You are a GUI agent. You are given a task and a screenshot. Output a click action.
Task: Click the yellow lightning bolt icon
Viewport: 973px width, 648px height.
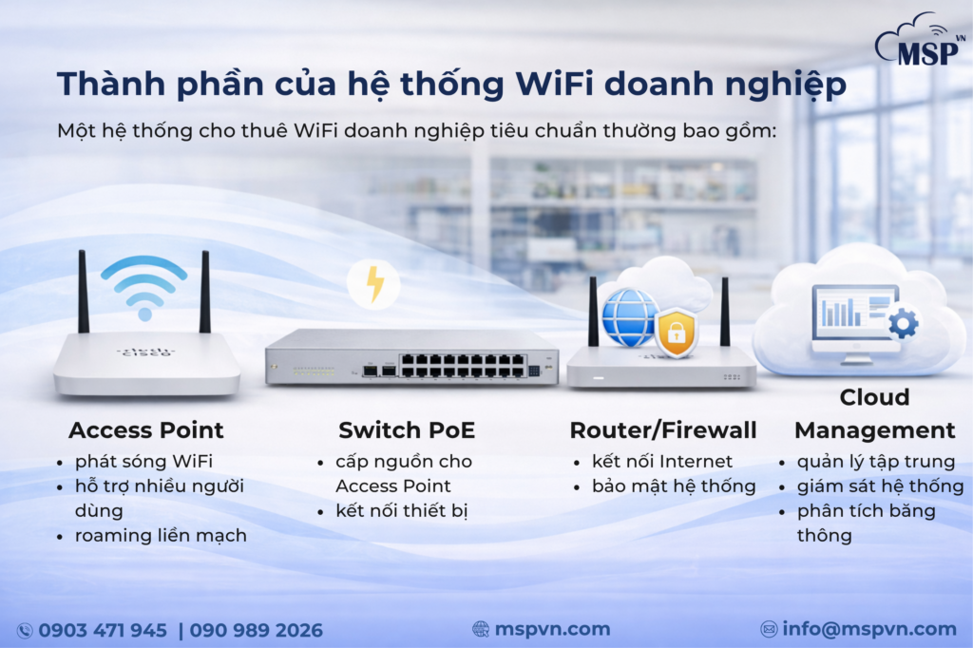coord(373,283)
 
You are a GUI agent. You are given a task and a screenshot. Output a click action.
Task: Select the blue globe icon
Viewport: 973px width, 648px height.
coord(629,317)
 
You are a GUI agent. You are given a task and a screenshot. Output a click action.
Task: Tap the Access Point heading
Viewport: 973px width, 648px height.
coord(146,430)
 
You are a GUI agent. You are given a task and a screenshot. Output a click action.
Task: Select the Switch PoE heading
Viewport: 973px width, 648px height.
coord(407,430)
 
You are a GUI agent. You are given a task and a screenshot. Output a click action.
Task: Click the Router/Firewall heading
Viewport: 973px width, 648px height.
coord(663,430)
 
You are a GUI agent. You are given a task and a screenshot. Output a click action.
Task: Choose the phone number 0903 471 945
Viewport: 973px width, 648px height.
coord(103,630)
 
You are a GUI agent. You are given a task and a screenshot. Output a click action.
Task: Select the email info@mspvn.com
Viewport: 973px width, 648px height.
coord(869,629)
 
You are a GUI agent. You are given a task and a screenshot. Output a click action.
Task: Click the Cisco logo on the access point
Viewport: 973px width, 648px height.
coord(145,352)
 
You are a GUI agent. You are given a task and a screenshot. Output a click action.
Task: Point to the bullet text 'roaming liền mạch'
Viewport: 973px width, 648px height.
coord(161,536)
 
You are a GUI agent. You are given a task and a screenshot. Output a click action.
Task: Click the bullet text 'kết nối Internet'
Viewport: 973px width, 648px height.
coord(662,462)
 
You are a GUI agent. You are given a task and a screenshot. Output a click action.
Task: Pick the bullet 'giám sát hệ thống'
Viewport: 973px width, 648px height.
coord(881,486)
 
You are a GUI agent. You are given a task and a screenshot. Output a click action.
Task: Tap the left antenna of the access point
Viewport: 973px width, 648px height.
coord(84,291)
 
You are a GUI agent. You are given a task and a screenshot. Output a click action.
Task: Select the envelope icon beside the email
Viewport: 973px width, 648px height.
coord(769,629)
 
